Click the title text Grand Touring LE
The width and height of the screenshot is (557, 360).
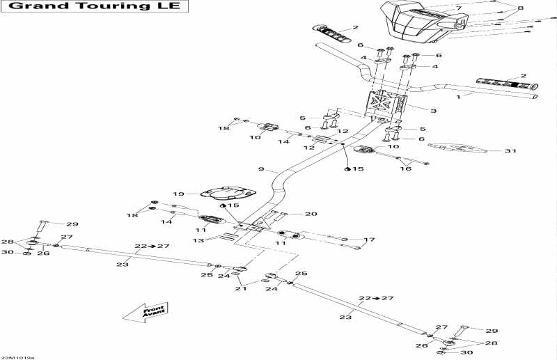pyautogui.click(x=95, y=8)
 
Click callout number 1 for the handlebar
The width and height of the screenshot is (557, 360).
pyautogui.click(x=458, y=99)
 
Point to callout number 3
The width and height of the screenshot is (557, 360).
pyautogui.click(x=434, y=111)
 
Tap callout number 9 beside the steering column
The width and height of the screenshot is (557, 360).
pyautogui.click(x=262, y=169)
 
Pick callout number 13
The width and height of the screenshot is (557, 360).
pyautogui.click(x=199, y=240)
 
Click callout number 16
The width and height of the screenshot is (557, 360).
pyautogui.click(x=407, y=169)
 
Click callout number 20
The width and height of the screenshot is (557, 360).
pyautogui.click(x=311, y=214)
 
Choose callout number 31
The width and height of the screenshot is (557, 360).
pyautogui.click(x=510, y=151)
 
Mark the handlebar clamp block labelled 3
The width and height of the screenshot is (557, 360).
pyautogui.click(x=386, y=105)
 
